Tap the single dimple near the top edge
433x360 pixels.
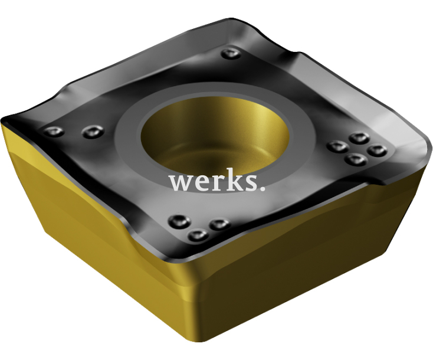coord(229,54)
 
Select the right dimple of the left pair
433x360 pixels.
coord(90,130)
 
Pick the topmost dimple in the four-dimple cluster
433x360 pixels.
coord(358,138)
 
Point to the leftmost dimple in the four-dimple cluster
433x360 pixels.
coord(337,146)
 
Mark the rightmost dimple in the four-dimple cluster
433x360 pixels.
coord(376,150)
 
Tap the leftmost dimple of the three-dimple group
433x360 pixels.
coord(177,221)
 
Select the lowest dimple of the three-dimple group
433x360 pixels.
coord(196,235)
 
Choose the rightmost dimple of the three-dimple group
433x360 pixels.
coord(219,224)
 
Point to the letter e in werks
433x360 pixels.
coord(201,184)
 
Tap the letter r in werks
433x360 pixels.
coord(216,183)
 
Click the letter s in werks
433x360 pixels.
coord(248,184)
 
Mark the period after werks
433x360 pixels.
coord(261,189)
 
